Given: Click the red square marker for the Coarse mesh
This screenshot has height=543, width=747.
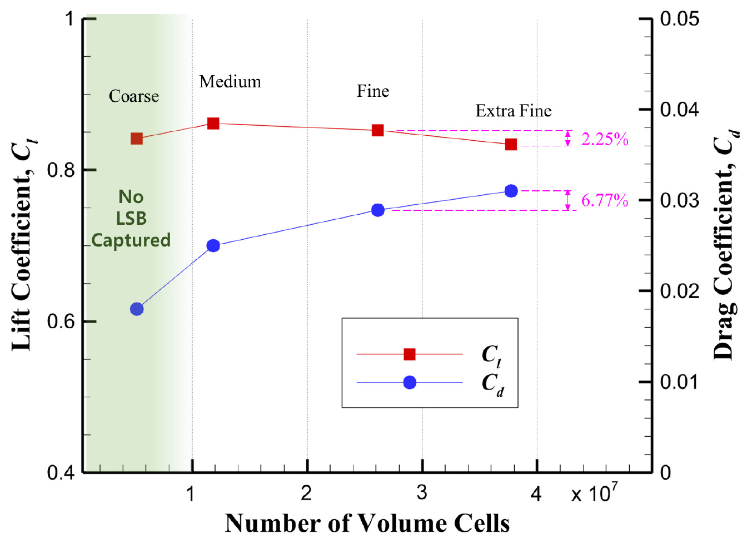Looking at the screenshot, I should [137, 139].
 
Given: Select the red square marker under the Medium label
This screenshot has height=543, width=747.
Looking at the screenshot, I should [213, 124].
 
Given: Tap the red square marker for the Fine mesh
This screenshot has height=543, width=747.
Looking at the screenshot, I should [378, 130].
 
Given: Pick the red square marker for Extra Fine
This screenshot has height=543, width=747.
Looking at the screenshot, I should [511, 145].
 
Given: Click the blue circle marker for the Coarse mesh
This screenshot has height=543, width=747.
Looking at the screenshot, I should [137, 309].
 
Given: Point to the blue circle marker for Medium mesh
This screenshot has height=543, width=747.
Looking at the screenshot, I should [213, 245].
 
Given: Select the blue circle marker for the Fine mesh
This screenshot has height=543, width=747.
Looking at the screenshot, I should [378, 210].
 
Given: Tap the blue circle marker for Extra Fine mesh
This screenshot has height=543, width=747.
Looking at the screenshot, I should [511, 191].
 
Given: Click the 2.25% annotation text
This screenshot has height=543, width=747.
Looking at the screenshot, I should [605, 139].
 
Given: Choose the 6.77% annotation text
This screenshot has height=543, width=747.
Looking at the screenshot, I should [605, 200].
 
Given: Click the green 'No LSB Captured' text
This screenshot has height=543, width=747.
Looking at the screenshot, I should [131, 219].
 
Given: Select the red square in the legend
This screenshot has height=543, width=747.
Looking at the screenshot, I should [410, 354].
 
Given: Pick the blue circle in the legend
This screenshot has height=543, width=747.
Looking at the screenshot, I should [410, 383].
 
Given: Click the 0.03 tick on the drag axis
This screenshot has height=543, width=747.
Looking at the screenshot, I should [679, 200].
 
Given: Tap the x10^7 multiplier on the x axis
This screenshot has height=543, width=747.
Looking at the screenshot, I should [594, 492].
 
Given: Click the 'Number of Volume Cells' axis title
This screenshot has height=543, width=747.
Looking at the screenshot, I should [367, 524].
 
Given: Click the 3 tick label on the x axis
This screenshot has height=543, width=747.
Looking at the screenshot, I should [422, 492].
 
